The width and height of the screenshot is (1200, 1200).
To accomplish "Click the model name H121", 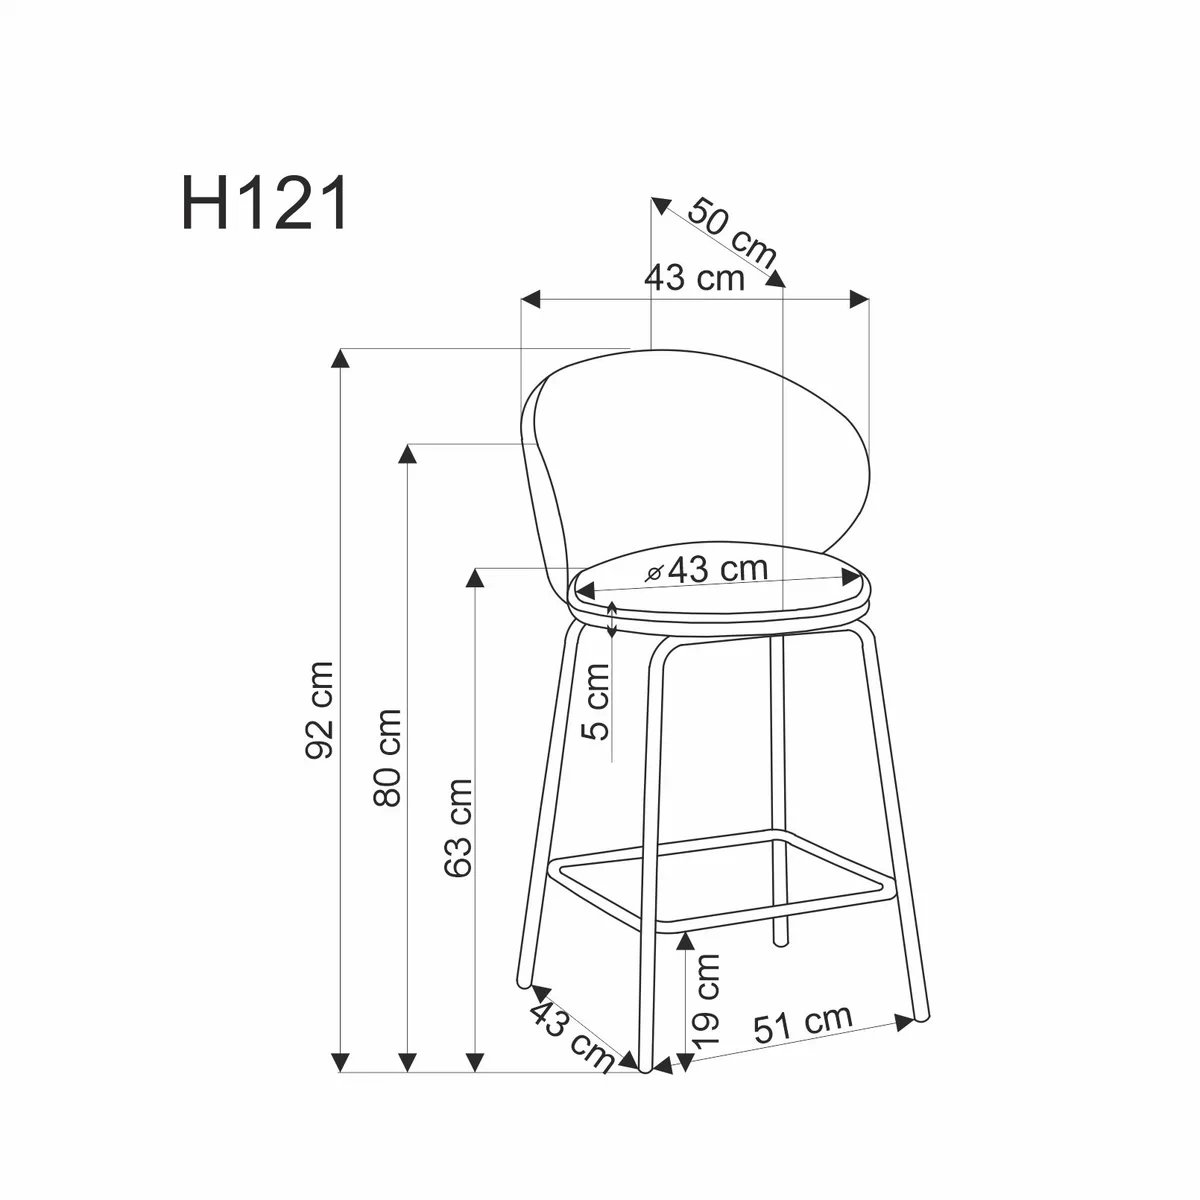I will pos(265,202).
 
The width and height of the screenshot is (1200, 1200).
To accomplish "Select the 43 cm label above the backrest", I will pos(695,278).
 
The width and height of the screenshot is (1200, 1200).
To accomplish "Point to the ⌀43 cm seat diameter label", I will pos(707,570).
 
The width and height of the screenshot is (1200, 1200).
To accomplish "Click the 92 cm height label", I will pos(321,710).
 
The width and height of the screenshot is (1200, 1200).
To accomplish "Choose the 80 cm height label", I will pos(386,757).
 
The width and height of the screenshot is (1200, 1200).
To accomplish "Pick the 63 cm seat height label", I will pos(458,827).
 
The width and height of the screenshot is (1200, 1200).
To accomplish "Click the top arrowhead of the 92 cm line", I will pos(343,358).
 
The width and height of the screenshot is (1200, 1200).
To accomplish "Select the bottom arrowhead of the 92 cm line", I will pos(343,1063).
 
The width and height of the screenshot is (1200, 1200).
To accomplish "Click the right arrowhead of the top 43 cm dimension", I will pos(859,298).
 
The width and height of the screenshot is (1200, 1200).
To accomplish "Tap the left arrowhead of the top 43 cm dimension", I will pos(531,298).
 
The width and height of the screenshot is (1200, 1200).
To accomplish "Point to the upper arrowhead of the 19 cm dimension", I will pos(685,941).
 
